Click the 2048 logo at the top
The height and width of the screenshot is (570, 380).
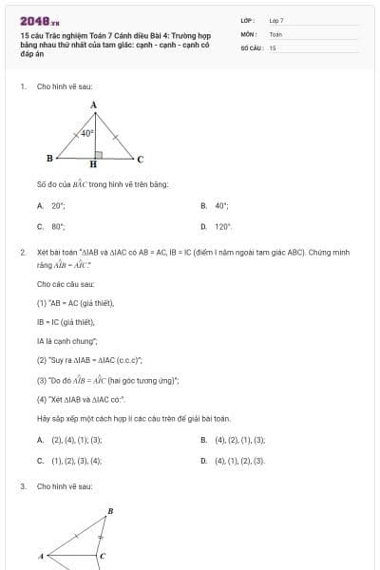click(37, 20)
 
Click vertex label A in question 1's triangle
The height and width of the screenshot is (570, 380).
click(93, 105)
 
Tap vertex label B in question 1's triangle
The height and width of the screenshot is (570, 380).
click(49, 158)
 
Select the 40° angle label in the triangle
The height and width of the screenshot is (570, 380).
click(86, 134)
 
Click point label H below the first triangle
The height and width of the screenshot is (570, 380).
click(93, 164)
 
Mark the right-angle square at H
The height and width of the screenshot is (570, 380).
click(97, 152)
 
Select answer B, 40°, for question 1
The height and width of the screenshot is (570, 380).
click(221, 205)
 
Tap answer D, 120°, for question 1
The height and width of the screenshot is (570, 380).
click(222, 227)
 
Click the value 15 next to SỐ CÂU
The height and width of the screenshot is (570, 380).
click(273, 47)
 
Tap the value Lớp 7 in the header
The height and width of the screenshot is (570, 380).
click(276, 20)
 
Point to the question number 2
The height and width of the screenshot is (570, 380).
click(22, 252)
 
